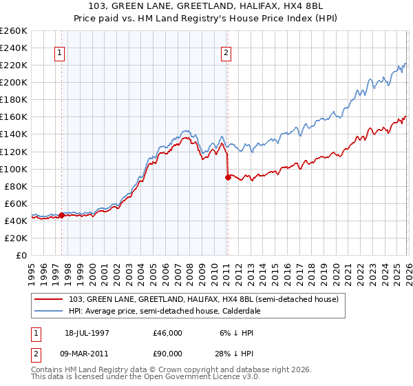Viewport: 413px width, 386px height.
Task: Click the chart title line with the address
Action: (x=206, y=6)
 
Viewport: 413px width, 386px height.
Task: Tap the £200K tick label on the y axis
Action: (x=14, y=82)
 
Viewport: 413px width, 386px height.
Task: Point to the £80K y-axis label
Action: (x=16, y=186)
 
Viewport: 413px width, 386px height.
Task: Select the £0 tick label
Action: (x=22, y=255)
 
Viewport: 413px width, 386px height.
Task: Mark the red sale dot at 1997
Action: (x=62, y=215)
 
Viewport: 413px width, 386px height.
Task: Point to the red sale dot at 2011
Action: (x=228, y=177)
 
